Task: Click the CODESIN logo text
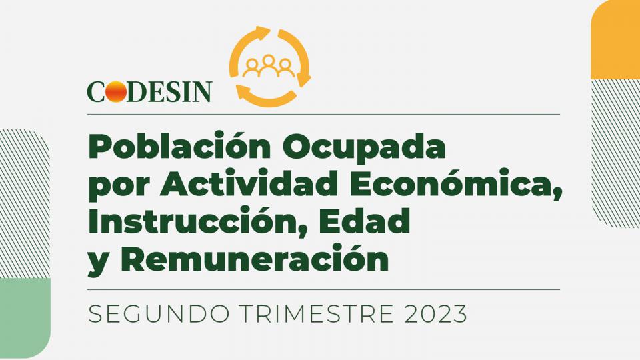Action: click(149, 91)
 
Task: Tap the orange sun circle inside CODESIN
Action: click(116, 91)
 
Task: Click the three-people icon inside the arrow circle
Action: click(268, 66)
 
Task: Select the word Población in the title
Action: click(179, 147)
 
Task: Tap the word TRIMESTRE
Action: click(317, 314)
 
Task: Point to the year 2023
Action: click(435, 314)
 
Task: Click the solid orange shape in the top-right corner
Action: click(615, 39)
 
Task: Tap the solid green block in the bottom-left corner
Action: click(25, 318)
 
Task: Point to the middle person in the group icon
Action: click(268, 65)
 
